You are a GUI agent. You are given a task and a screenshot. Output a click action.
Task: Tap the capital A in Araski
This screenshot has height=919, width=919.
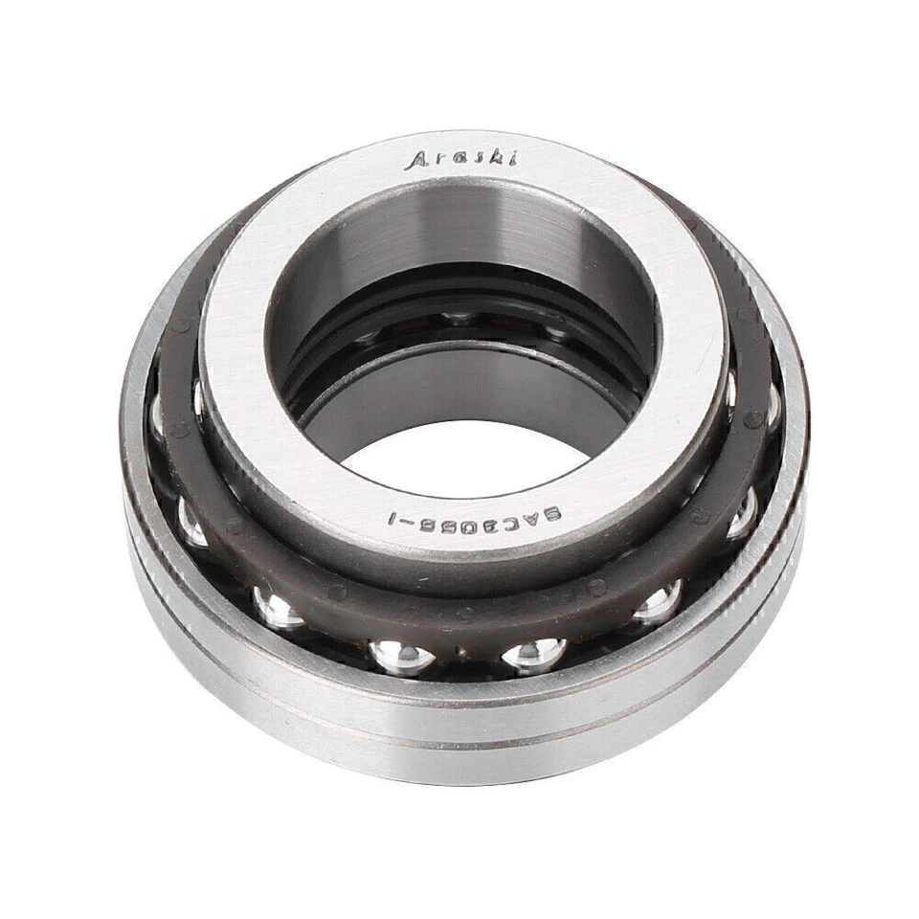click(417, 162)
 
